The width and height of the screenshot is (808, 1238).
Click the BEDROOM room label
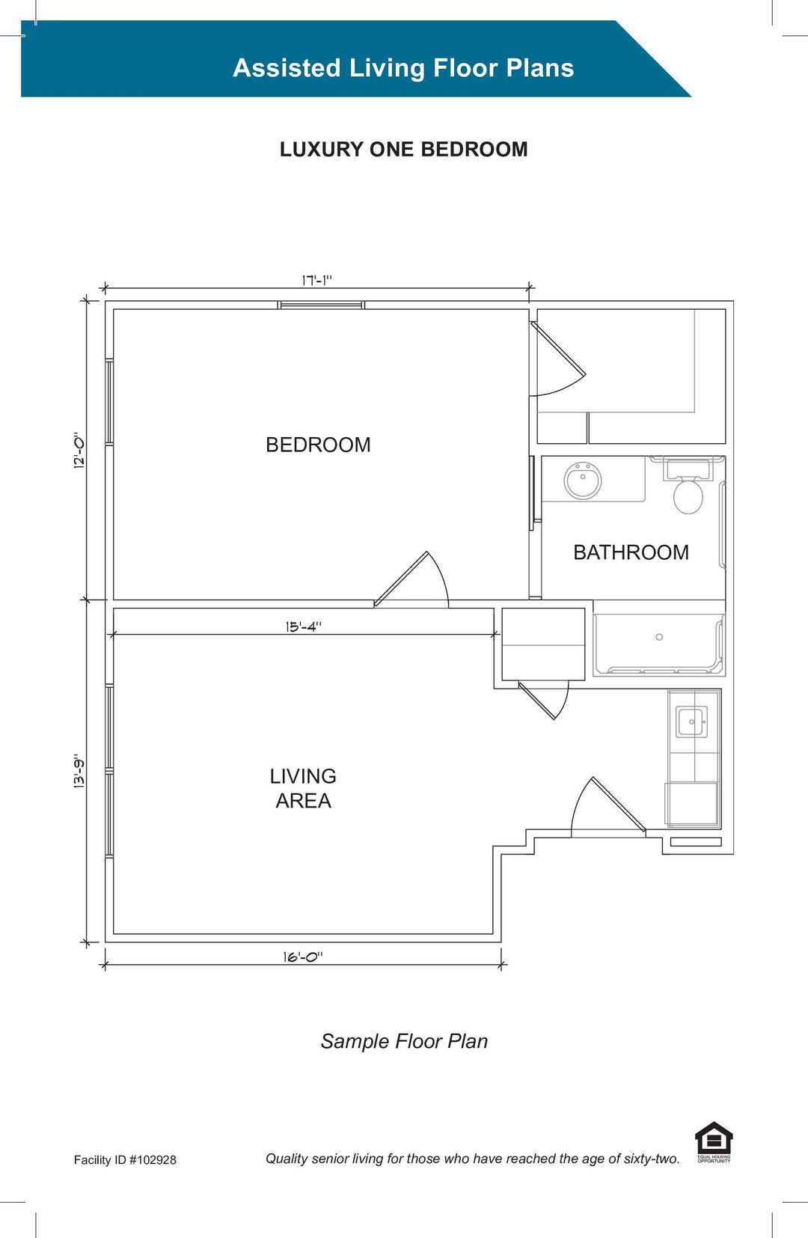(318, 445)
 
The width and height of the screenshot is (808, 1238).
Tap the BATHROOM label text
(631, 552)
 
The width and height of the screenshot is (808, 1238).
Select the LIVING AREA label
(303, 788)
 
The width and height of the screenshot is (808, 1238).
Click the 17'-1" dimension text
(316, 280)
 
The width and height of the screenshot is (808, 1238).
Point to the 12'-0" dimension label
(79, 450)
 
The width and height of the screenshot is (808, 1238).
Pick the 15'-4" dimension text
(303, 626)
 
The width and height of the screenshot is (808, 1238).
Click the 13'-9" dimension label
(79, 770)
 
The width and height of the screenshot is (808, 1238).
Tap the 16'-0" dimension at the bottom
(302, 957)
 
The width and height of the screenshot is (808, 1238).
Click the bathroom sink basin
(583, 481)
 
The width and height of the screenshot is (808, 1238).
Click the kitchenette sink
(691, 722)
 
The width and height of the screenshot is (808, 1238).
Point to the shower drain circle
(659, 637)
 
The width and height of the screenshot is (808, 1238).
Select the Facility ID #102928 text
(125, 1159)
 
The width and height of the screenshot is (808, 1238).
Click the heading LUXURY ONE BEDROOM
(403, 149)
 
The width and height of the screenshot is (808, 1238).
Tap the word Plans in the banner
(539, 67)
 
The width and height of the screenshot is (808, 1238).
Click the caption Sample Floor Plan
(404, 1041)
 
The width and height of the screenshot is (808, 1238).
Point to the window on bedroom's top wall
(321, 305)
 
